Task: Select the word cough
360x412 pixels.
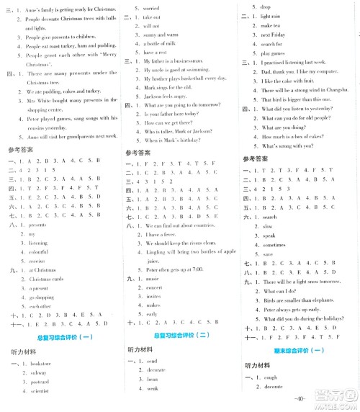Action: pyautogui.click(x=270, y=376)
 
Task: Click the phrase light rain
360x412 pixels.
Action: pyautogui.click(x=269, y=16)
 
